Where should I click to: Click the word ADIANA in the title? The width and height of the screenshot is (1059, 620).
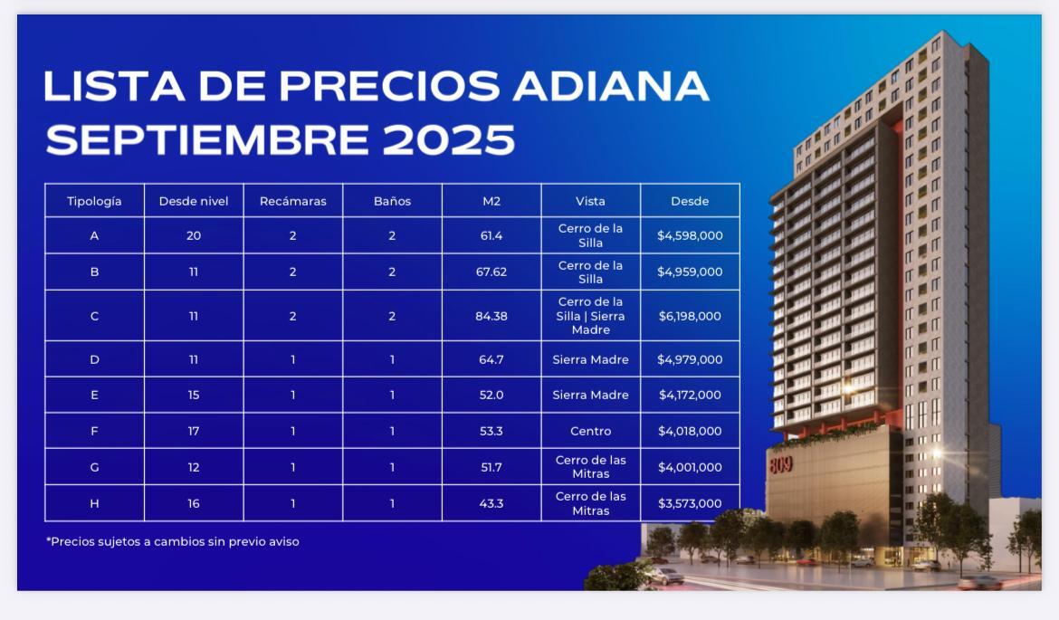(611, 86)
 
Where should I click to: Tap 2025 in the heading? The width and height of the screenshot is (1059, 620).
(448, 139)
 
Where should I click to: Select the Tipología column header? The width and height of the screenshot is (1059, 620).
(94, 201)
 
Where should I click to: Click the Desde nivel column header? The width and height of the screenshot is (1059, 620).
(194, 201)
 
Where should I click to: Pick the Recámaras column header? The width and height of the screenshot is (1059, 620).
(293, 201)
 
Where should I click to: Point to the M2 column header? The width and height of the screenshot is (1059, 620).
(491, 201)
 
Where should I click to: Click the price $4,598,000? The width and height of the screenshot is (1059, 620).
(690, 235)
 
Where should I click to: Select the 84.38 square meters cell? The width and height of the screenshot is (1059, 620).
(491, 316)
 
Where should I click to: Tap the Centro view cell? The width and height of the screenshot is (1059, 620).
(591, 431)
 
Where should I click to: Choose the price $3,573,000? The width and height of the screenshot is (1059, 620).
(690, 504)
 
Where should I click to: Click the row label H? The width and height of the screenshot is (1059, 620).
(94, 504)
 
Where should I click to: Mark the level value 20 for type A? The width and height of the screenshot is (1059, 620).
(194, 235)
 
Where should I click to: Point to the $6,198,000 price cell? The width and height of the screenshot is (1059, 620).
(690, 316)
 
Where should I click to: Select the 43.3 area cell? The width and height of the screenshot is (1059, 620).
(491, 504)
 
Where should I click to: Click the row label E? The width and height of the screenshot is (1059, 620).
(94, 396)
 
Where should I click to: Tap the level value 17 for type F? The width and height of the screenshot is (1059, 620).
(194, 431)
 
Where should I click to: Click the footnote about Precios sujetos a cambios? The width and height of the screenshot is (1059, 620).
(173, 541)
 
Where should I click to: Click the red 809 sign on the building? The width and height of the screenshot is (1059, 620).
(781, 464)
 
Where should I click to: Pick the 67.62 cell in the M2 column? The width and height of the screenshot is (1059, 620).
(491, 272)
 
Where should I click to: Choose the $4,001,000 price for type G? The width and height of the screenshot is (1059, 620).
(690, 467)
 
